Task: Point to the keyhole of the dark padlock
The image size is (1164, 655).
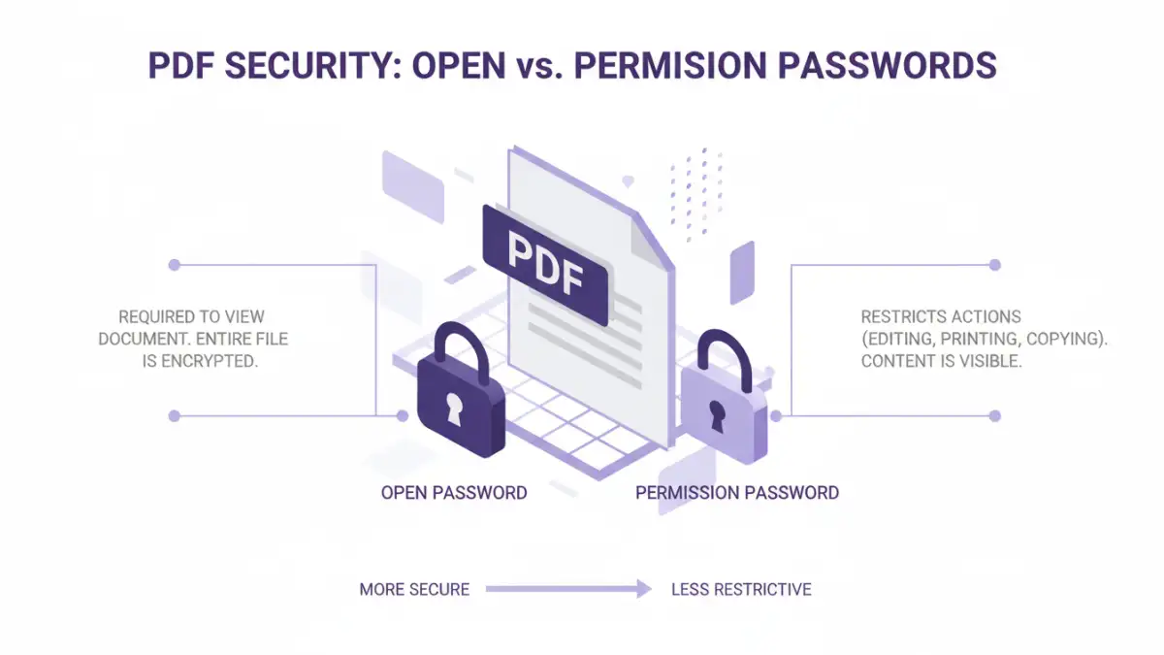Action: point(454,409)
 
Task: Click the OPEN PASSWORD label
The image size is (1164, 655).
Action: point(454,492)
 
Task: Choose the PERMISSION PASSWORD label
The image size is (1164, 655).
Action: point(737,492)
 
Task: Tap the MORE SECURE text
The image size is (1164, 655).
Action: point(414,589)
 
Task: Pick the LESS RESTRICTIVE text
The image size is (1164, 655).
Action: point(741,589)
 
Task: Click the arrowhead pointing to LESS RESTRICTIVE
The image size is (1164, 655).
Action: point(643,589)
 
